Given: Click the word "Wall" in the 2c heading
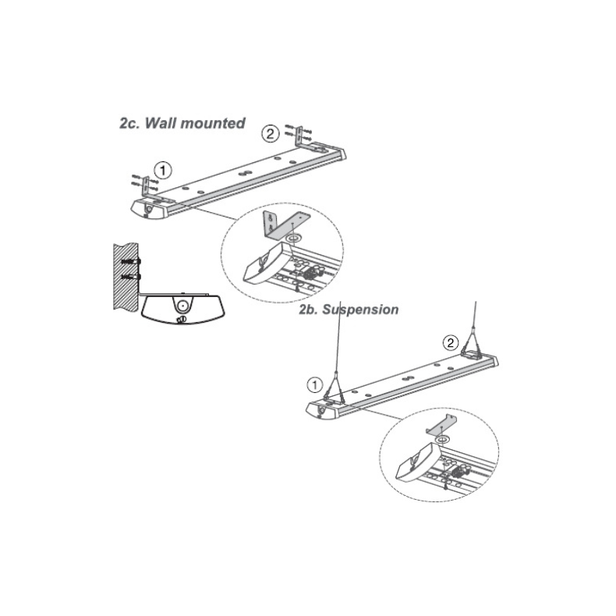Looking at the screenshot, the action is pyautogui.click(x=161, y=123).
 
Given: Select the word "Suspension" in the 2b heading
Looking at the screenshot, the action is pyautogui.click(x=360, y=310).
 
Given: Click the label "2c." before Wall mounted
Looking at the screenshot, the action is pyautogui.click(x=130, y=123).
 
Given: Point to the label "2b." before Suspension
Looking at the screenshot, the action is pyautogui.click(x=309, y=310).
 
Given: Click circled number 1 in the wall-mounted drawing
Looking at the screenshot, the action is pyautogui.click(x=163, y=172).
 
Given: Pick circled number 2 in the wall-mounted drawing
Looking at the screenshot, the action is pyautogui.click(x=271, y=134).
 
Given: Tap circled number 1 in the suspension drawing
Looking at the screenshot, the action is pyautogui.click(x=314, y=385).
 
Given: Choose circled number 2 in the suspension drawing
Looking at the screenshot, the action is pyautogui.click(x=450, y=343).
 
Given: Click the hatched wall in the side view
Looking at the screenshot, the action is pyautogui.click(x=126, y=276).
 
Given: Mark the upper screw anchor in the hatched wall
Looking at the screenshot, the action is pyautogui.click(x=131, y=261).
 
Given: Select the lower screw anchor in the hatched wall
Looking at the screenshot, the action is pyautogui.click(x=131, y=277).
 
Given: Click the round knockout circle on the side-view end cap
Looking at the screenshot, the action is pyautogui.click(x=182, y=305).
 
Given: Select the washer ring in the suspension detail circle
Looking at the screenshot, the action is pyautogui.click(x=444, y=438).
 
